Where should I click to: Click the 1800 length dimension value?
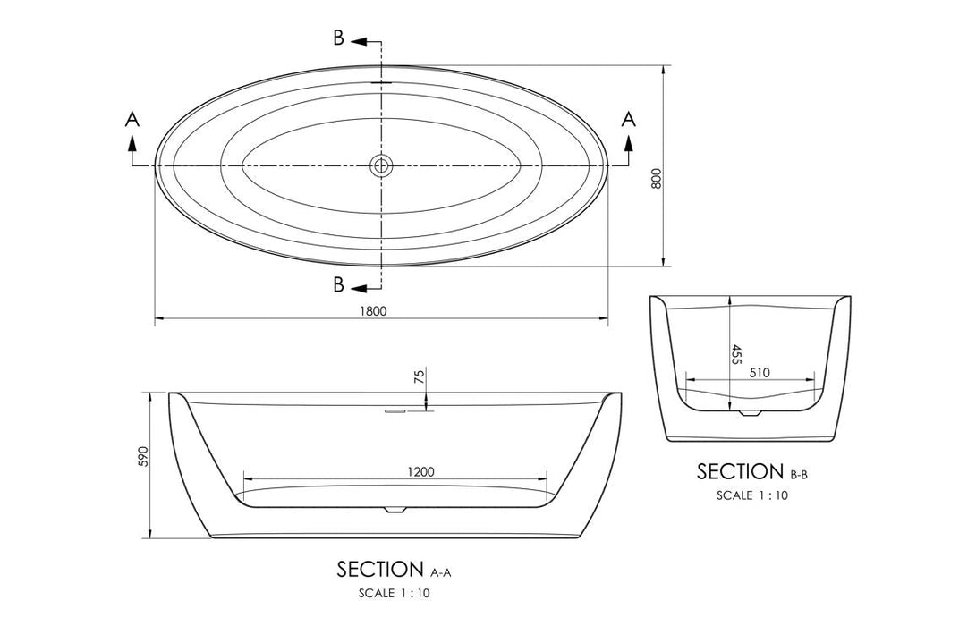coord(374,311)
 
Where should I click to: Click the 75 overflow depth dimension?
coord(419,377)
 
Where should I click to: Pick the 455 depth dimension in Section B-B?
coord(735,354)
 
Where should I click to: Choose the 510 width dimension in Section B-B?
coord(759,372)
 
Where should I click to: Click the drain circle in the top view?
coord(382,165)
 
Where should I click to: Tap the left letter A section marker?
coord(132,119)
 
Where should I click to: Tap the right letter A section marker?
coord(629,119)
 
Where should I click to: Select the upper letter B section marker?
coord(339,38)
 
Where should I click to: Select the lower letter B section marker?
coord(339,285)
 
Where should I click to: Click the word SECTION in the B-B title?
coord(740,471)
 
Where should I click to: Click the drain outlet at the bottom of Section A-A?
coord(394,510)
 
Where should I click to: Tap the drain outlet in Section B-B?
coord(750,413)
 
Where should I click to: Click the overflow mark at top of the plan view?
coord(382,81)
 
